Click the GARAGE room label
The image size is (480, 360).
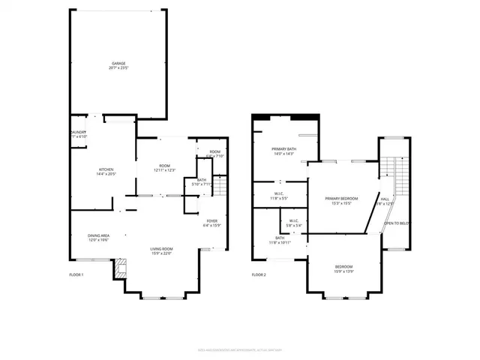(118, 64)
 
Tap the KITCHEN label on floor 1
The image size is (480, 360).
(106, 170)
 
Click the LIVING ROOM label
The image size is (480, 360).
(162, 249)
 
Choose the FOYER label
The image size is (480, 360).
(212, 220)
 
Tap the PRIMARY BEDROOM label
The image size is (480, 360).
(341, 199)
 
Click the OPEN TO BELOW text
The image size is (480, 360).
(396, 223)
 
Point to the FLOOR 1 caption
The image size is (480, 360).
(76, 275)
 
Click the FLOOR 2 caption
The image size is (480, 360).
(259, 275)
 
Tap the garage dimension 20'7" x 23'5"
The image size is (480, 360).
(118, 68)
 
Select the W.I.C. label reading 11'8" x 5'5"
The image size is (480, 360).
(278, 196)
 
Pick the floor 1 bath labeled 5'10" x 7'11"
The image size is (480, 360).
(202, 181)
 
